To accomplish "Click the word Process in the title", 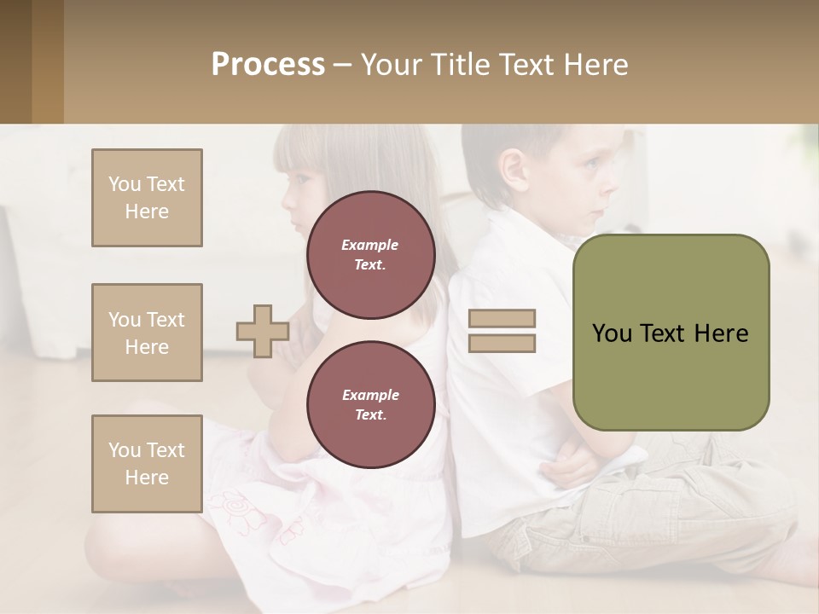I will pos(268,65).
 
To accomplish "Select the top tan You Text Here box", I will pos(147,198).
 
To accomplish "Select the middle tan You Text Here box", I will pos(147,333).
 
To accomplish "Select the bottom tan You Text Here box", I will pos(147,464).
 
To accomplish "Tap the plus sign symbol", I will pos(262,331).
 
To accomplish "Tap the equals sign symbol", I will pos(502,331).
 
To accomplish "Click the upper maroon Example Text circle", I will pos(370,255).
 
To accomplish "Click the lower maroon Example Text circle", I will pos(370,405).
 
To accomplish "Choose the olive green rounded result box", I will pos(671,333).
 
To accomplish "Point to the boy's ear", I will pos(514,168).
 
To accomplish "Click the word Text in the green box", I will pos(671,333).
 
